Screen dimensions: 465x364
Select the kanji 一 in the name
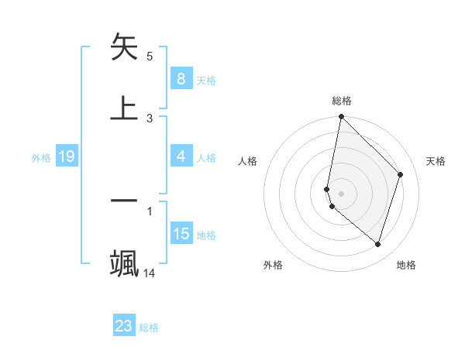point(124,200)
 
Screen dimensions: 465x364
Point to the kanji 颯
point(124,263)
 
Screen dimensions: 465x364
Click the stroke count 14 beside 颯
point(150,273)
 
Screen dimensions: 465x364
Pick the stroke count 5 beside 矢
point(150,57)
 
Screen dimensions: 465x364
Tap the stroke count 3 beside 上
point(150,118)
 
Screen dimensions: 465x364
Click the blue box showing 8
point(181,79)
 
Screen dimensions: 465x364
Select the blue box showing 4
point(181,156)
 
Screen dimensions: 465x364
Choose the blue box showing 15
point(181,234)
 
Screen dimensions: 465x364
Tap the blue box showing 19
point(66,157)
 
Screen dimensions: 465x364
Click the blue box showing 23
point(124,326)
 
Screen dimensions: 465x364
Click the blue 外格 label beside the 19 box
point(41,158)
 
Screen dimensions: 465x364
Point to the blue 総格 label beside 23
point(149,328)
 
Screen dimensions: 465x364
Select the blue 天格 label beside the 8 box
point(206,80)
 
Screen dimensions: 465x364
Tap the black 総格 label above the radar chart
point(341,101)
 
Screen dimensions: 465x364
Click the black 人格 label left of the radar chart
point(247,161)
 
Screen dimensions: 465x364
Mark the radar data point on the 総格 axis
point(341,117)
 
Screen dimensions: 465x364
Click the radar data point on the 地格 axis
point(377,244)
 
